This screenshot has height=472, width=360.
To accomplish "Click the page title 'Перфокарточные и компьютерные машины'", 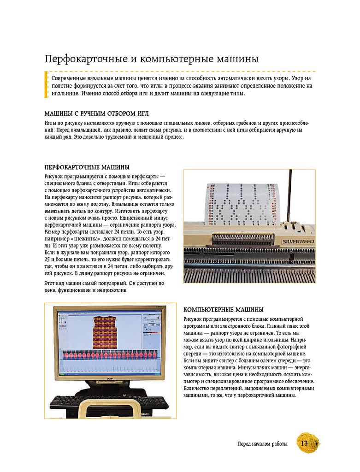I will click(151, 59).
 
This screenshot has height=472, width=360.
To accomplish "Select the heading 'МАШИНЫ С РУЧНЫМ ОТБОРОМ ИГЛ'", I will click(96, 113).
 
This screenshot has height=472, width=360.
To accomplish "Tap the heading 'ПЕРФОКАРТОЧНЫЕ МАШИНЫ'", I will click(87, 167).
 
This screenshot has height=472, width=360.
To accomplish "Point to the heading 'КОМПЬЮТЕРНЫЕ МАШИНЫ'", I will click(224, 309).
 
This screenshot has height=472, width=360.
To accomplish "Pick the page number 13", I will click(304, 443).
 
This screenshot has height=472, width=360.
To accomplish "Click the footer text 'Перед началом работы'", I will click(262, 444).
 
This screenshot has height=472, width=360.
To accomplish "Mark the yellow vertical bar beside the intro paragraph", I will click(46, 84).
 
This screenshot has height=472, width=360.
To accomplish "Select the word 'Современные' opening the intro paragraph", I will click(71, 79).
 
